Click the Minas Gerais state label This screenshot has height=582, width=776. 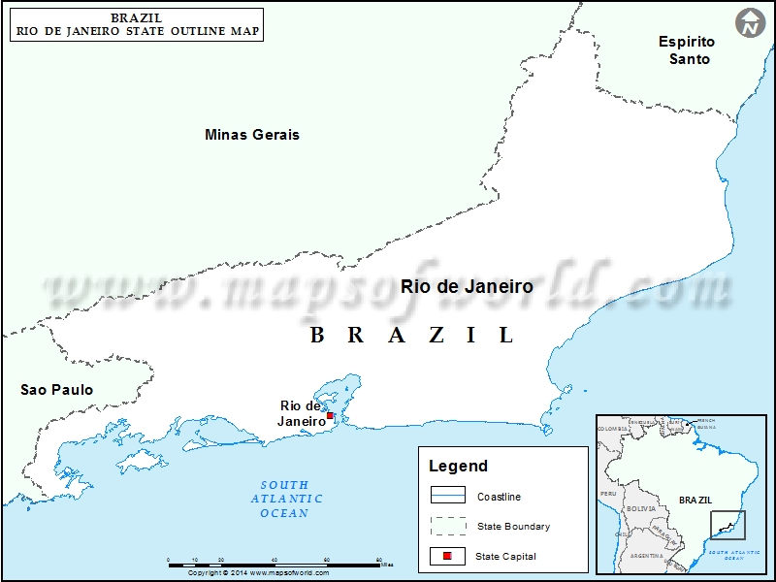pos(252,135)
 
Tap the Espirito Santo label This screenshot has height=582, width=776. pos(687,50)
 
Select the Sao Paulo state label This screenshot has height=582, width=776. pos(57,390)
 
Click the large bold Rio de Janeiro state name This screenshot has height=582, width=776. pos(467,287)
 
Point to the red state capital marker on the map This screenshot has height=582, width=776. pos(330,415)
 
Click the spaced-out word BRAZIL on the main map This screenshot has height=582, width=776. pos(412,336)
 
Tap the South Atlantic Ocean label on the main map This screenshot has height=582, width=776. pos(284,499)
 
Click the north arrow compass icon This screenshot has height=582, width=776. pos(750,22)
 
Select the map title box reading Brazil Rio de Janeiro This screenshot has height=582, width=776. pos(137,24)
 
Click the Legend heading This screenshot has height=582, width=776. pos(459,467)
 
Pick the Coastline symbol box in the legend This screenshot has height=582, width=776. pos(447,496)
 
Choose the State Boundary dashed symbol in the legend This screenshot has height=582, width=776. pos(447,526)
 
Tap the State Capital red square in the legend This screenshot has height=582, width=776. pos(447,556)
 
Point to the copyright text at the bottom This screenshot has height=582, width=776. pos(258,573)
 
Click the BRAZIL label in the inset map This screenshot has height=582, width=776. pos(695,500)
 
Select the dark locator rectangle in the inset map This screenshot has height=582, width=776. pos(728,525)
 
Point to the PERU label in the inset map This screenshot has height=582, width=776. pos(608,494)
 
